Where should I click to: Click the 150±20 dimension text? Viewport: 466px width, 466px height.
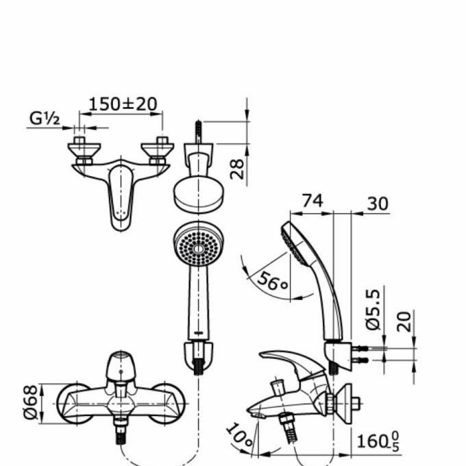(x=123, y=104)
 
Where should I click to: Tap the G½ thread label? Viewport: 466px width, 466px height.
(x=45, y=119)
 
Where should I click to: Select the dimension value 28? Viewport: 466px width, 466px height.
(x=237, y=168)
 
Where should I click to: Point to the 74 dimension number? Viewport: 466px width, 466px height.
(x=312, y=201)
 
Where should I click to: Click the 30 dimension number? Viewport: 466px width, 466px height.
(x=377, y=204)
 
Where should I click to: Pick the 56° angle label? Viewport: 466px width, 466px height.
(x=273, y=282)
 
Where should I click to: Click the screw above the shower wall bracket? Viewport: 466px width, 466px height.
(x=199, y=131)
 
